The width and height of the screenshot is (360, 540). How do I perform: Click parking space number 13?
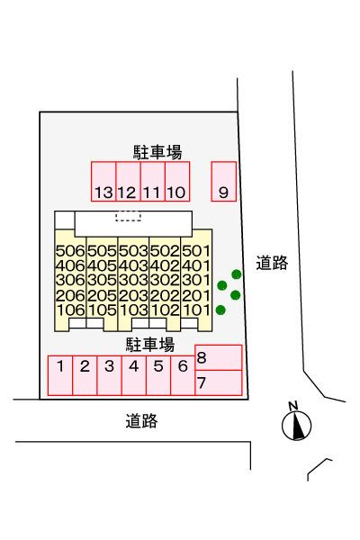coord(103,181)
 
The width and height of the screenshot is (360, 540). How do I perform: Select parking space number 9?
coord(224,181)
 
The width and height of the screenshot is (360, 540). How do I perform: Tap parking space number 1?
coord(60,375)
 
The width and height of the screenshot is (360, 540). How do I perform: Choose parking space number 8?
coord(219,357)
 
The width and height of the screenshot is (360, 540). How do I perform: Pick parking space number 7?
coord(219,382)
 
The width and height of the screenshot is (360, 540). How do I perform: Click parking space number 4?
coord(134,375)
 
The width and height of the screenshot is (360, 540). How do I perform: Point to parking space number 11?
coord(153,181)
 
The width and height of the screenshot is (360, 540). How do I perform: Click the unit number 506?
coord(70,251)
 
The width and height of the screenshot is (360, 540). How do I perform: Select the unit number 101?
coord(196,310)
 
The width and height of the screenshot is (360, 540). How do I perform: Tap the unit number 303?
coord(133,280)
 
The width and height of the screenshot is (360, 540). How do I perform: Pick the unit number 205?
coord(102,295)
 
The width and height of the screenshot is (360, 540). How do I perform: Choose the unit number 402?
coord(165,265)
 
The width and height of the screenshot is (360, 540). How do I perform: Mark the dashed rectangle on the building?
coord(129,216)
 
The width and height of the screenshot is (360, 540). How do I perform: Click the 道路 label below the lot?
coord(141,421)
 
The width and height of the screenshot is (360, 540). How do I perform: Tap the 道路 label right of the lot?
coord(272,263)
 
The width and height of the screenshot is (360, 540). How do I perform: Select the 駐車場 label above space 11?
coord(157,152)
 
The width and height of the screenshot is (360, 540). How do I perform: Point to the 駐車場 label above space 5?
coord(150,345)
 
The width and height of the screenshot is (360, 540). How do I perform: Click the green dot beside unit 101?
coord(220,310)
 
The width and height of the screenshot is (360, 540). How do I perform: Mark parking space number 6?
coord(183,375)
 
